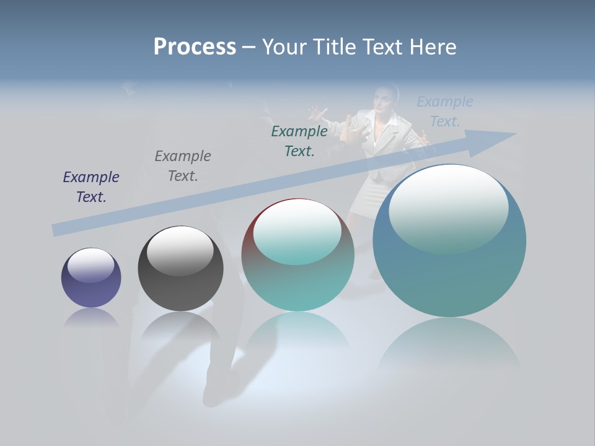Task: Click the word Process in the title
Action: (x=195, y=47)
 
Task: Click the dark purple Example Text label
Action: (x=91, y=186)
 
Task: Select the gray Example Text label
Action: (x=183, y=165)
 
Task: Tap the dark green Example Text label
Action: (x=299, y=141)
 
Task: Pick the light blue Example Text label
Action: (x=445, y=111)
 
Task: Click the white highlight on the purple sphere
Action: (x=91, y=265)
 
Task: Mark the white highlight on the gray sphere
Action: (x=180, y=250)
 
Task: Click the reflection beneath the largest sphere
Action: (x=449, y=347)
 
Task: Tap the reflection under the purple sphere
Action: (x=91, y=318)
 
